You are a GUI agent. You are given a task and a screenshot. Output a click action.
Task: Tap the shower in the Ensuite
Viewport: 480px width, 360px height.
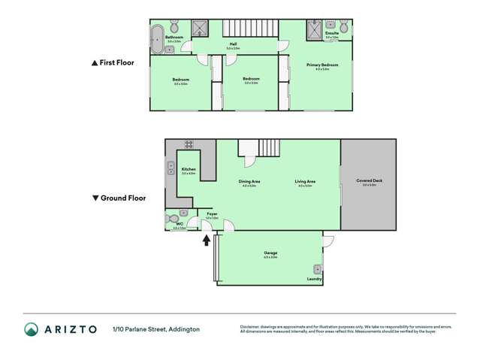tap(313, 29)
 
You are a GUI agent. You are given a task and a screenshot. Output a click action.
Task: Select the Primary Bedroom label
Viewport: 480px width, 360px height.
tap(322, 65)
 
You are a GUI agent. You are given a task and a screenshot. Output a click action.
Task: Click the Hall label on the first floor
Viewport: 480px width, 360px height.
tap(232, 44)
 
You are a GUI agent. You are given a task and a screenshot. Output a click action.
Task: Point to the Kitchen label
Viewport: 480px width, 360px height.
tap(189, 169)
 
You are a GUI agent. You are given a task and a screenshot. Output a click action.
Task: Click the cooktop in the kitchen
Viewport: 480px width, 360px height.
tap(189, 144)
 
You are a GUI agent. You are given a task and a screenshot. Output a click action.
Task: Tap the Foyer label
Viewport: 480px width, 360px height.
tap(212, 214)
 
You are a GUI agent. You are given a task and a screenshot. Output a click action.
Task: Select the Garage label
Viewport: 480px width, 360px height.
tap(270, 253)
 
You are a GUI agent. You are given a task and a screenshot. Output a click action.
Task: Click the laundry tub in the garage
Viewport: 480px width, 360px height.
tap(316, 269)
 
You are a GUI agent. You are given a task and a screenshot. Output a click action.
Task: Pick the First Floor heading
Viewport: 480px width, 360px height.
tap(112, 63)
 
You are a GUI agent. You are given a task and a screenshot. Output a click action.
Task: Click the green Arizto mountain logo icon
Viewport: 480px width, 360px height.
tap(31, 329)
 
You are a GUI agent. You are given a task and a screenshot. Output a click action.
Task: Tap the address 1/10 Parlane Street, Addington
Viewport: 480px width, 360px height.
tap(156, 329)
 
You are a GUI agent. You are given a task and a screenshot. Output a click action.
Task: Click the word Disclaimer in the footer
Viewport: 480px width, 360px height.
tap(249, 326)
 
